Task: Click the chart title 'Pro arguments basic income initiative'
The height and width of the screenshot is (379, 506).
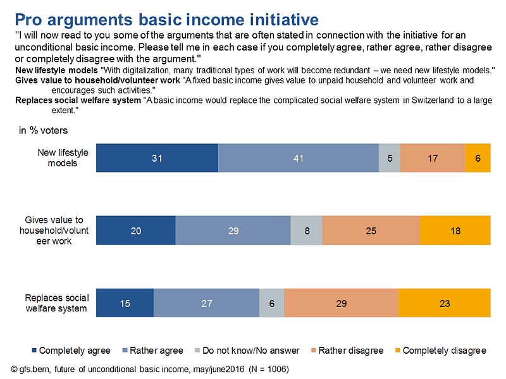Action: point(166,17)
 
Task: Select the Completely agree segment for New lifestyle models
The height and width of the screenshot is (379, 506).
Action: point(157,159)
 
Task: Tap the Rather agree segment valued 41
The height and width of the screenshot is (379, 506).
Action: point(299,159)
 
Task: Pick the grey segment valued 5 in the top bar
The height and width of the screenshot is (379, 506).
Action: point(389,159)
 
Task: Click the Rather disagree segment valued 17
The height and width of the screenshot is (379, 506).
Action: point(432,159)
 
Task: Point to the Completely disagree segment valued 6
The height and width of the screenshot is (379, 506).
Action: point(478,159)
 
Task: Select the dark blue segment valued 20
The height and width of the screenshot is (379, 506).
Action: point(135,231)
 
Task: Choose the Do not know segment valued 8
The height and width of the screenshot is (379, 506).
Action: point(306,231)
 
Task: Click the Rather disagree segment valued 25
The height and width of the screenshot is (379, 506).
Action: point(371,231)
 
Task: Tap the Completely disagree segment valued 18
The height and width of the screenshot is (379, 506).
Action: point(455,231)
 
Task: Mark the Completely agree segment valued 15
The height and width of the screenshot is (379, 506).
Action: point(125,303)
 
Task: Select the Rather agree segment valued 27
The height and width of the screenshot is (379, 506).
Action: point(206,303)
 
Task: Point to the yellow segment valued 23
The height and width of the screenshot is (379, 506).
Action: point(445,303)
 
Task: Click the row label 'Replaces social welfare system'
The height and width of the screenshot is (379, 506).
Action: point(57,303)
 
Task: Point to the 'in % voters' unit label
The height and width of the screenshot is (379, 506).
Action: point(44,131)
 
